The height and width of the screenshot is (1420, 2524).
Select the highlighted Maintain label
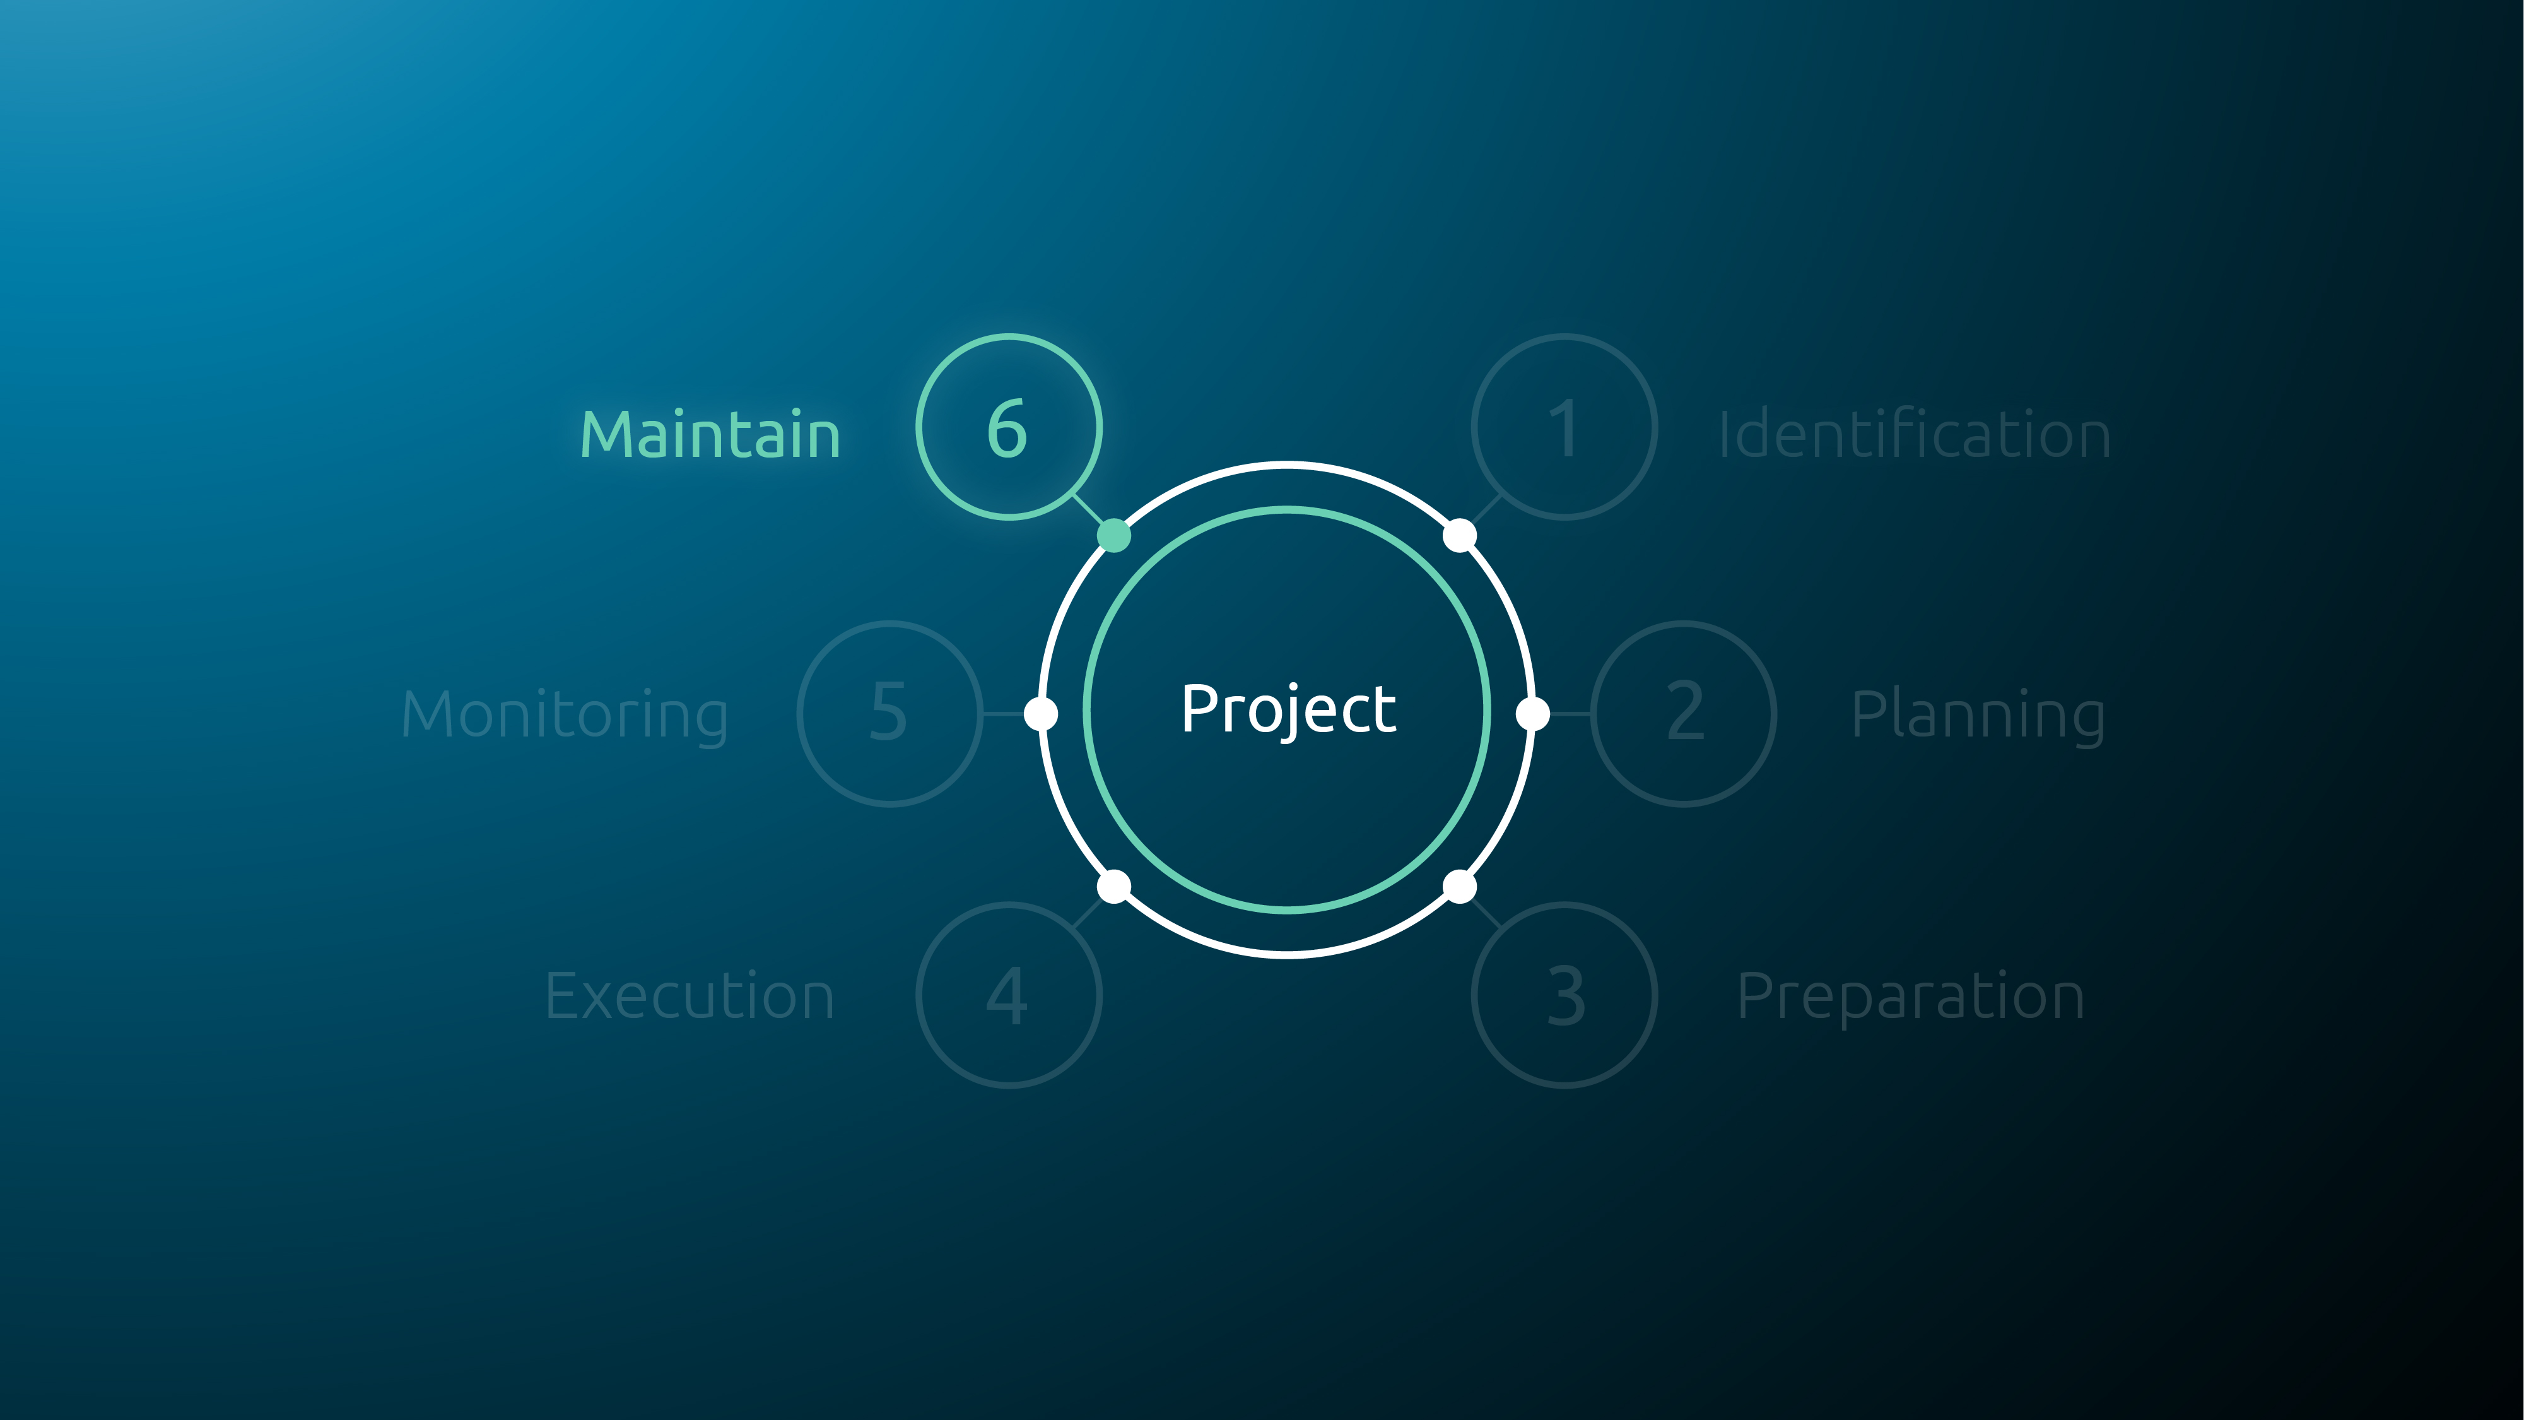(710, 434)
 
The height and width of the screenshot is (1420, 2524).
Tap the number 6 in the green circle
(1007, 429)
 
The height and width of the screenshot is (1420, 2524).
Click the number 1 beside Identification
(1564, 429)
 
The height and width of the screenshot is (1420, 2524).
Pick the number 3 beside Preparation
(1566, 996)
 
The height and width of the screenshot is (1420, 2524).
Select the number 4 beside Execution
(1007, 996)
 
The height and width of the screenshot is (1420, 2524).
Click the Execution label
(690, 996)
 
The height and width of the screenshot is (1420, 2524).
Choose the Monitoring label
(565, 716)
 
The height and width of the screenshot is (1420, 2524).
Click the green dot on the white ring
(1114, 536)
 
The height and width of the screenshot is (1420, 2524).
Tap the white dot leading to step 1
(1460, 536)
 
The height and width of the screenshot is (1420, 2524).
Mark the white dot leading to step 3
(1460, 887)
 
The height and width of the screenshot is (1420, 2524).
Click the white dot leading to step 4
(1114, 887)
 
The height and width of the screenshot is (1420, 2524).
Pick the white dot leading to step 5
(1040, 713)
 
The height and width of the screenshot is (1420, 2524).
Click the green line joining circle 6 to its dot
(1089, 509)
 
